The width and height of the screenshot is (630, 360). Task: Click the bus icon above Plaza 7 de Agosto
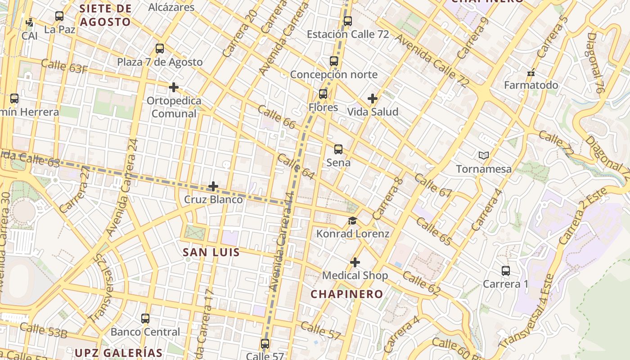[160, 49]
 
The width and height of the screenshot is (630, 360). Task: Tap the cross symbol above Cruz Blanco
[213, 186]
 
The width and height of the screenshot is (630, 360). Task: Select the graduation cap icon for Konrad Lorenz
[352, 221]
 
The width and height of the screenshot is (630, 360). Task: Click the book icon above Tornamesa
[484, 156]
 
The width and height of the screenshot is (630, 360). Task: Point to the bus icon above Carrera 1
[506, 271]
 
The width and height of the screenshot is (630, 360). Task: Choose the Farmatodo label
[531, 85]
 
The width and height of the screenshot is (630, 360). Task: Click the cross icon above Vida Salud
[373, 98]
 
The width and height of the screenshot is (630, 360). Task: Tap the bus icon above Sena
[338, 149]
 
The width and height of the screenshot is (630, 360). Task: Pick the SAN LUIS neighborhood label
[211, 252]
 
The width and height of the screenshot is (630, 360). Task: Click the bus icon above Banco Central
[145, 319]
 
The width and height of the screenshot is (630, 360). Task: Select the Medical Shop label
[355, 275]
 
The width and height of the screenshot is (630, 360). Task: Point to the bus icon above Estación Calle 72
[348, 21]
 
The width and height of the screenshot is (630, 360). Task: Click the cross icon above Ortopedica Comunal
[174, 87]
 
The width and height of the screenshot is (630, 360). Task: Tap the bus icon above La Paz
[59, 16]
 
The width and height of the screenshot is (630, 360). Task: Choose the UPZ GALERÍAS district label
[119, 352]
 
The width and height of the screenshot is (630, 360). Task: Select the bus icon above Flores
[323, 94]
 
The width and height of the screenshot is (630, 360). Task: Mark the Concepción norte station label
[334, 74]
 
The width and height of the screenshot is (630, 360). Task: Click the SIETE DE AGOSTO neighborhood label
[105, 15]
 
